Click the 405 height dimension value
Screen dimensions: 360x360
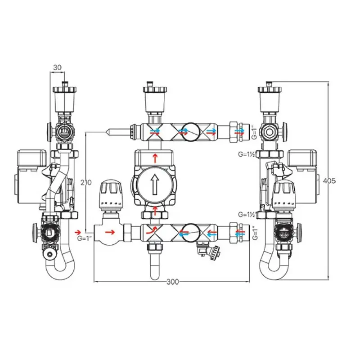click(329, 181)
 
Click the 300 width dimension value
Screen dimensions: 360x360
click(172, 282)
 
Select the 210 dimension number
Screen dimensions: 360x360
click(86, 183)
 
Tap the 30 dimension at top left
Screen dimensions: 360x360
click(58, 67)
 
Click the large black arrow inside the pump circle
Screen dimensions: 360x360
click(155, 184)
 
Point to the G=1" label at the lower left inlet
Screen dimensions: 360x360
click(85, 238)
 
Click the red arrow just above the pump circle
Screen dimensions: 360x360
click(155, 158)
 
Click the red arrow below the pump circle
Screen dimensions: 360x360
click(155, 211)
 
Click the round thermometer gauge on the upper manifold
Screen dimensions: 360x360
click(191, 131)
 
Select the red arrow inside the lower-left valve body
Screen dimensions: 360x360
click(110, 232)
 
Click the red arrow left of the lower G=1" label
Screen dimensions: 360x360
click(78, 232)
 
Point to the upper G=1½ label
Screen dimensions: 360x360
click(247, 154)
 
